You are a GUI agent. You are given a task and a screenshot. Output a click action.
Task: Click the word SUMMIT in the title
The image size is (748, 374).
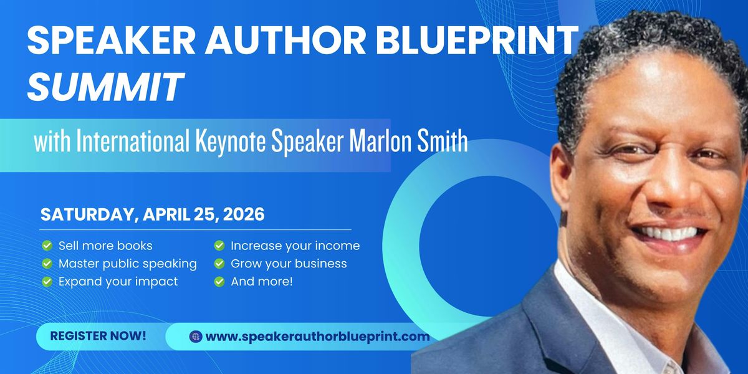pyautogui.click(x=105, y=86)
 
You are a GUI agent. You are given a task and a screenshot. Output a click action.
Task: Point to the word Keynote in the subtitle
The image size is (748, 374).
pyautogui.click(x=231, y=141)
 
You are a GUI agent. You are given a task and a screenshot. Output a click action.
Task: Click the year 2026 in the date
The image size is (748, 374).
pyautogui.click(x=244, y=214)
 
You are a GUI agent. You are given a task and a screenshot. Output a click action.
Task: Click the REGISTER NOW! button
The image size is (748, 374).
pyautogui.click(x=98, y=336)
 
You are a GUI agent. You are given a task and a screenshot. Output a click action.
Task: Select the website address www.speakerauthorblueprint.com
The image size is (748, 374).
pyautogui.click(x=317, y=336)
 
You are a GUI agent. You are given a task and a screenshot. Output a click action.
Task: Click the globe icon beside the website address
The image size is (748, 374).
pyautogui.click(x=196, y=336)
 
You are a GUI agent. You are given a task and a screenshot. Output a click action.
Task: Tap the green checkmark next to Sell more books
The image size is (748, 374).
pyautogui.click(x=47, y=246)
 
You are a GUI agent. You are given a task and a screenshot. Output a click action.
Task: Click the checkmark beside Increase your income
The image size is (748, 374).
pyautogui.click(x=219, y=246)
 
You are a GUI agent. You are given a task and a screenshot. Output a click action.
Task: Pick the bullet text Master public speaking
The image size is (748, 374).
pyautogui.click(x=128, y=264)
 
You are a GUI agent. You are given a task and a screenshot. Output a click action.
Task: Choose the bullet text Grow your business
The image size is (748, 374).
pyautogui.click(x=289, y=264)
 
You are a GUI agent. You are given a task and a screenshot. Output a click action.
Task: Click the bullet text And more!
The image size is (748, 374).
pyautogui.click(x=262, y=282)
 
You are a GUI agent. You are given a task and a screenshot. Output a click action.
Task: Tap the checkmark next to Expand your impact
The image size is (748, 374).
pyautogui.click(x=47, y=282)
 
